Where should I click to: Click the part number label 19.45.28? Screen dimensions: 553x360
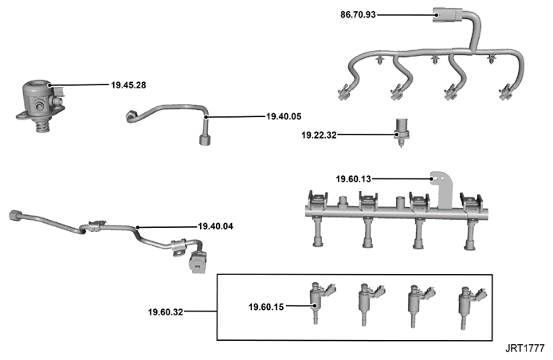click(x=128, y=85)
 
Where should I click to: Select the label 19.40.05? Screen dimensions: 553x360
click(x=284, y=116)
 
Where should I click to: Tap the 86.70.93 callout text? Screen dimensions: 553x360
click(x=358, y=15)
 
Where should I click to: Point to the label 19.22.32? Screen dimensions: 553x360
click(x=319, y=135)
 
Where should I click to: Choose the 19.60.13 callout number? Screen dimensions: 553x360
click(x=353, y=179)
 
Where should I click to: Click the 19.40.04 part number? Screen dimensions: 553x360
click(x=215, y=226)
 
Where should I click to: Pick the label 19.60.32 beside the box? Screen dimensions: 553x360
click(x=166, y=312)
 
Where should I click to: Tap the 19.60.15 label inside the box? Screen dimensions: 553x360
click(x=266, y=307)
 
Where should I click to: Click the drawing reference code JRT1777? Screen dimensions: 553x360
click(x=525, y=348)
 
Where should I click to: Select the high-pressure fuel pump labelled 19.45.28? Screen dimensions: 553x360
click(x=41, y=105)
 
